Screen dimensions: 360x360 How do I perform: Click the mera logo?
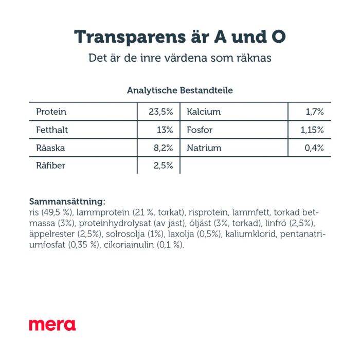coord(52,325)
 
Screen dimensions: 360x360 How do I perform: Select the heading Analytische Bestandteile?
coord(179,91)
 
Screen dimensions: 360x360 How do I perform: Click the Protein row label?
coord(51,112)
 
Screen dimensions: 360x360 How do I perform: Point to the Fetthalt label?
coord(52,130)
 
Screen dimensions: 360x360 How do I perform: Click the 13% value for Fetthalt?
coord(165,130)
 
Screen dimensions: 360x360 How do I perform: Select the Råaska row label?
coord(51,148)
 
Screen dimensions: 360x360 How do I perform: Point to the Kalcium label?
coord(204,112)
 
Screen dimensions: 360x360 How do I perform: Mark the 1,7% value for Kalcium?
coord(314,112)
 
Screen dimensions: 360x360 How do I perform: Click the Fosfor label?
coord(200,130)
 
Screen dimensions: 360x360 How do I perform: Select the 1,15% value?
coord(312,130)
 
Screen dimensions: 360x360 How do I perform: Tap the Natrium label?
coord(204,148)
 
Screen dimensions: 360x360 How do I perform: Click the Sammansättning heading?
coord(67,201)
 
